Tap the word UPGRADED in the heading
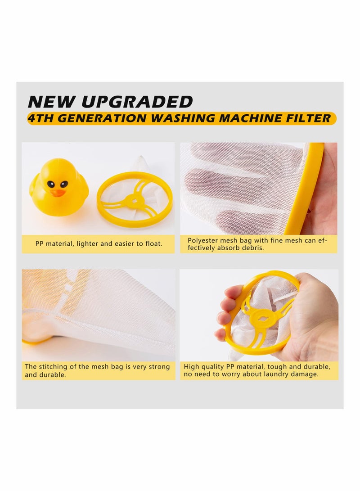(x=138, y=101)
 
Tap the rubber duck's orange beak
(x=57, y=193)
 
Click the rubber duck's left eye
(x=51, y=184)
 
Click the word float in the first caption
(x=152, y=243)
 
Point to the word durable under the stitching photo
(x=52, y=374)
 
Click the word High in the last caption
(x=192, y=367)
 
